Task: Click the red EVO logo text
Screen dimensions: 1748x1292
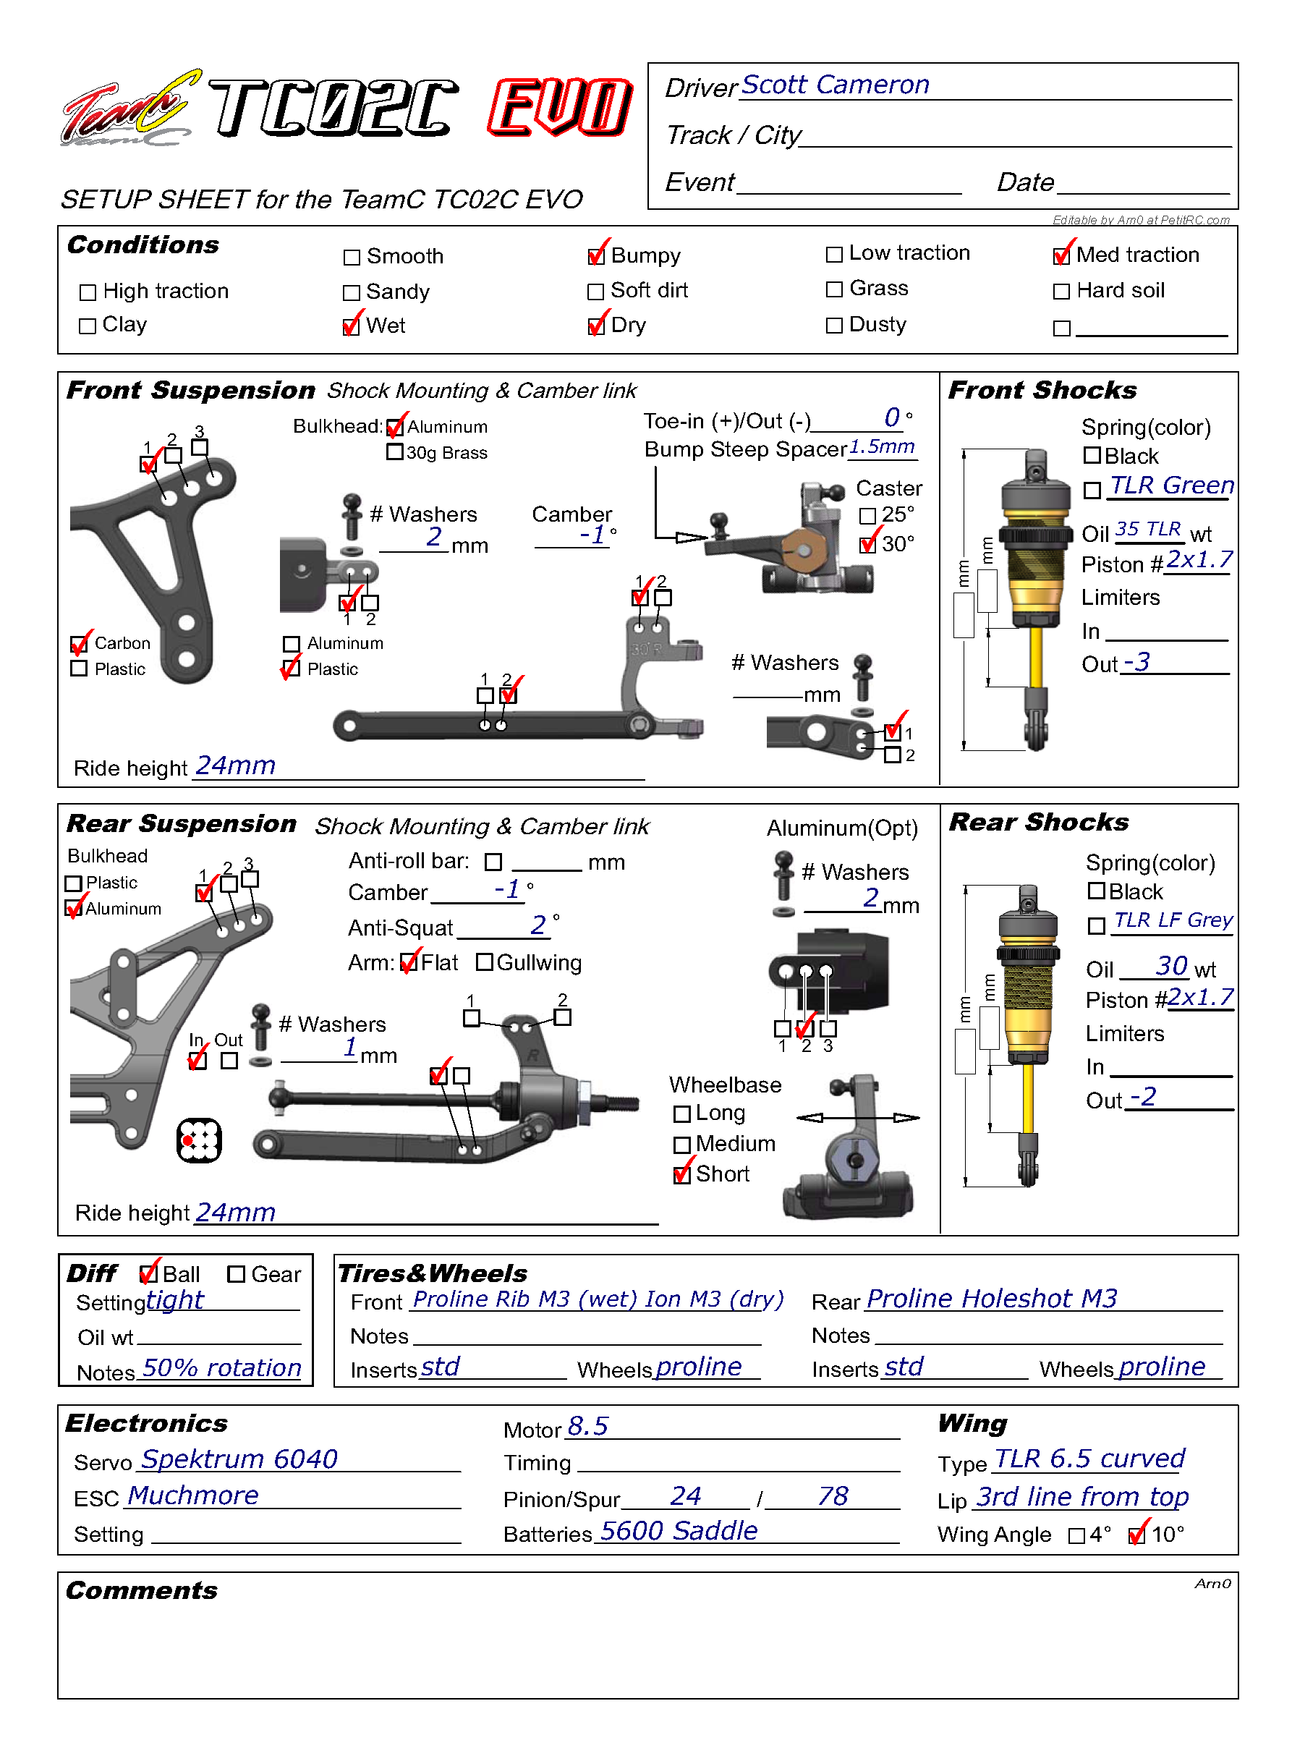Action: [x=560, y=107]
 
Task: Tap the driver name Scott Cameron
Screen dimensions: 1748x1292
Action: [x=836, y=85]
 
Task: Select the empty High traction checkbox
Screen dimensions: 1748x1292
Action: [x=88, y=292]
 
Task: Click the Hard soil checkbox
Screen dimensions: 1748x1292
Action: [x=1061, y=292]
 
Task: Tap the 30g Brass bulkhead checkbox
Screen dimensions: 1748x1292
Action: [x=395, y=452]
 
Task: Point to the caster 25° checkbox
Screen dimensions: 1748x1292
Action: [x=867, y=516]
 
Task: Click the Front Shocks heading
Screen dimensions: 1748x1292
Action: [x=1042, y=390]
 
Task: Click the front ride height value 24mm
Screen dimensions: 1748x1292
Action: [x=235, y=765]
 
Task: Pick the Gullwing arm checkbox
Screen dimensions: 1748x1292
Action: [x=485, y=962]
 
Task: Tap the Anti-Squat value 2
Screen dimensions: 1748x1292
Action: [x=538, y=925]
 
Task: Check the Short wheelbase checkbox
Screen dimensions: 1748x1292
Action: [x=682, y=1175]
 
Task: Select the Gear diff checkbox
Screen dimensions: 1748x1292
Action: [x=236, y=1274]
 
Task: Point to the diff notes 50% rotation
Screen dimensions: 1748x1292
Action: [x=222, y=1368]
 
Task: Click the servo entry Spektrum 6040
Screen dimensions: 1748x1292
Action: [x=239, y=1459]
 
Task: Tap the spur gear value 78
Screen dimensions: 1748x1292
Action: [x=833, y=1496]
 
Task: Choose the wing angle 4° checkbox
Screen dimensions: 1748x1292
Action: [x=1077, y=1536]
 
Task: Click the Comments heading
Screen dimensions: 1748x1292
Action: [x=142, y=1591]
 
